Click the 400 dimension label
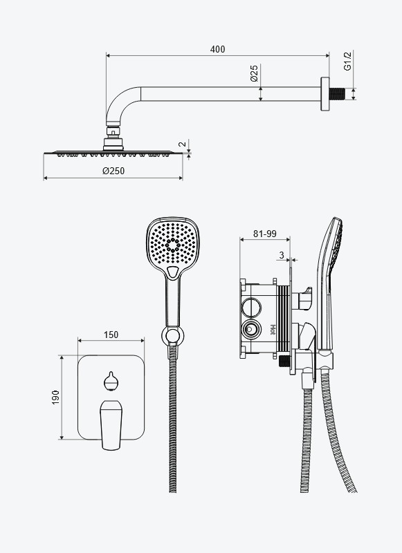point(217,49)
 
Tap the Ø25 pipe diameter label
point(254,73)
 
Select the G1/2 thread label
point(348,61)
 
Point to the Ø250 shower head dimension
point(113,171)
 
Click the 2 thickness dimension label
point(183,144)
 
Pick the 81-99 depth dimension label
point(265,234)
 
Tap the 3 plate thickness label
point(282,255)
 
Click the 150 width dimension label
point(111,335)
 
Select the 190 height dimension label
point(56,397)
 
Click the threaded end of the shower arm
point(337,94)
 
